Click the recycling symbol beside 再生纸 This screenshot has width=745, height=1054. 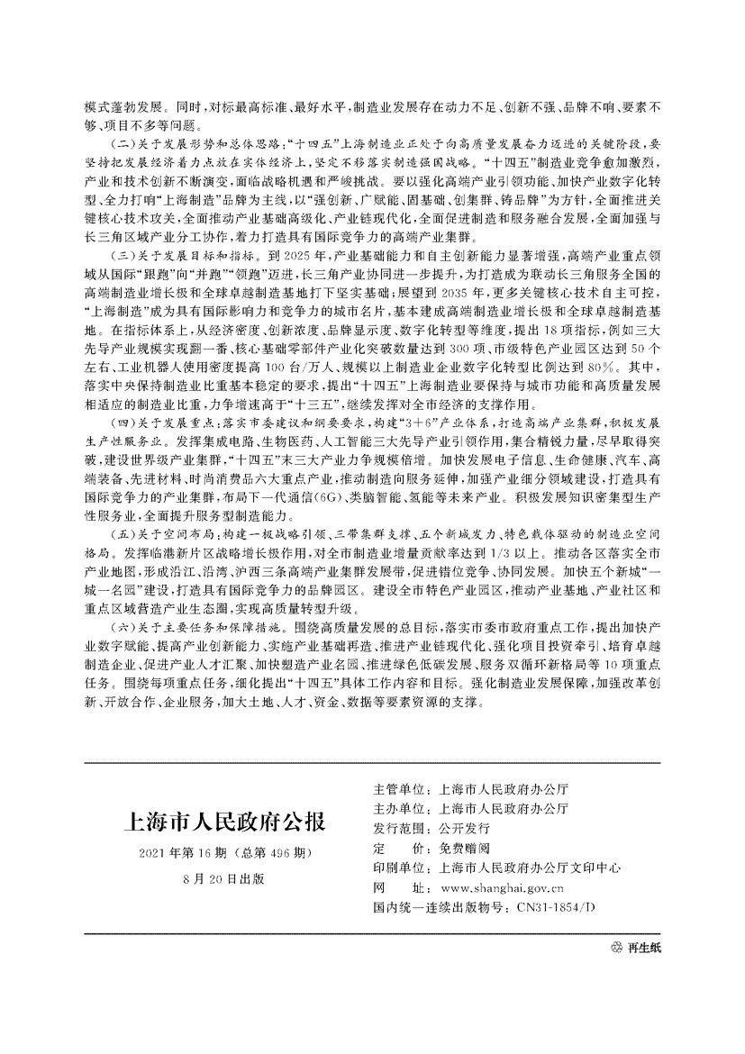click(x=617, y=949)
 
